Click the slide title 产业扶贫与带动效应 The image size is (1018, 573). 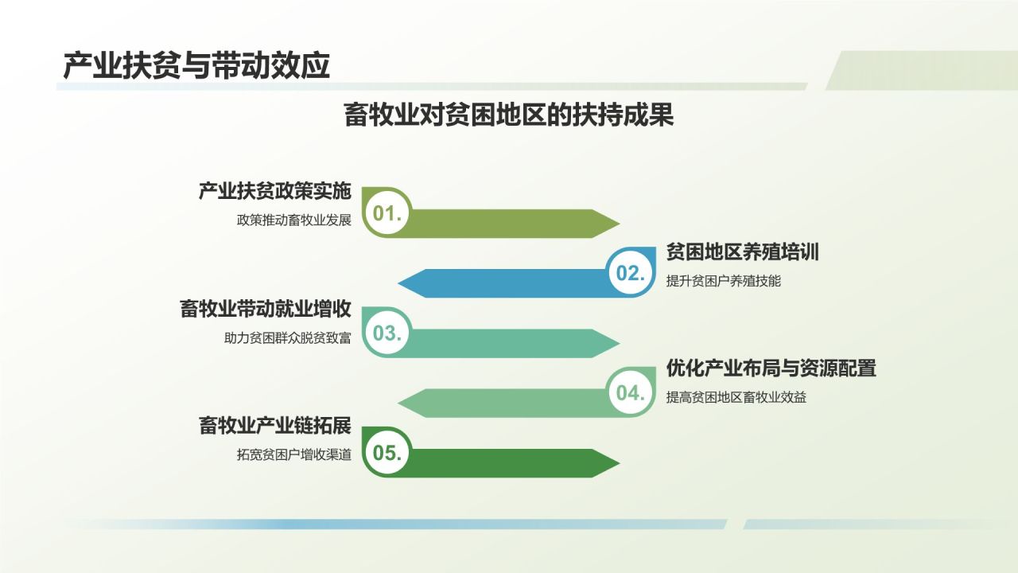[196, 66]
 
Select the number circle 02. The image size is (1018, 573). [630, 273]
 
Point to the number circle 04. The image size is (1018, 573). [630, 393]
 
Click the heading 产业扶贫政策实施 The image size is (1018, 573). [274, 192]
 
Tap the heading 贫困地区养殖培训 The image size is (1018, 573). [743, 252]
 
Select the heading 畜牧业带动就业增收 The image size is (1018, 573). [266, 310]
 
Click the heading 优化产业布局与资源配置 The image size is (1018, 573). [771, 368]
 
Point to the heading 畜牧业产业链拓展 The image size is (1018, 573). [274, 426]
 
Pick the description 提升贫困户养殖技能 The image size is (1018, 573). [724, 281]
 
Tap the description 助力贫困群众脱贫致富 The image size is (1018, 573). [287, 338]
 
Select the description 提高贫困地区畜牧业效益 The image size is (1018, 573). [736, 397]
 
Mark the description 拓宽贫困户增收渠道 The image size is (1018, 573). [293, 455]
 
